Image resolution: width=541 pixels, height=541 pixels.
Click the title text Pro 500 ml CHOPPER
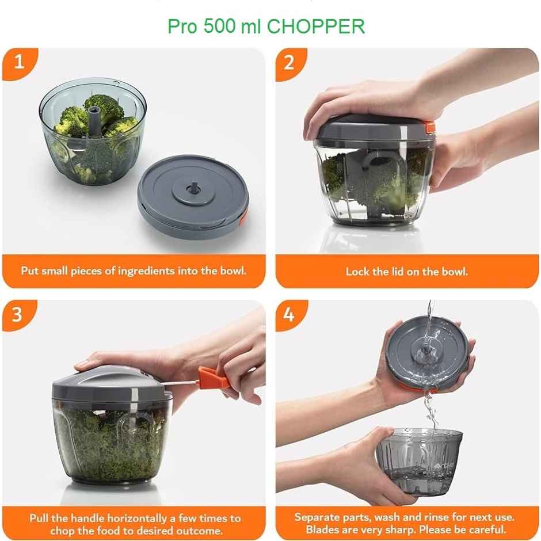point(266,26)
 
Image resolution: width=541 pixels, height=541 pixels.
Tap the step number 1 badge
point(19,62)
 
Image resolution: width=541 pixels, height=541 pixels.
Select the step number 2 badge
point(289,62)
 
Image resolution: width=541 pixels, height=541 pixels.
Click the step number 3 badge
point(18,314)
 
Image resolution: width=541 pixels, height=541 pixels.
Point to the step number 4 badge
point(289,314)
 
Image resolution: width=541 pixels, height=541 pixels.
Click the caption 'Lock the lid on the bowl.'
point(406,271)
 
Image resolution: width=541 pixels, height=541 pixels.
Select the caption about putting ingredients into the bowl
point(134,270)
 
